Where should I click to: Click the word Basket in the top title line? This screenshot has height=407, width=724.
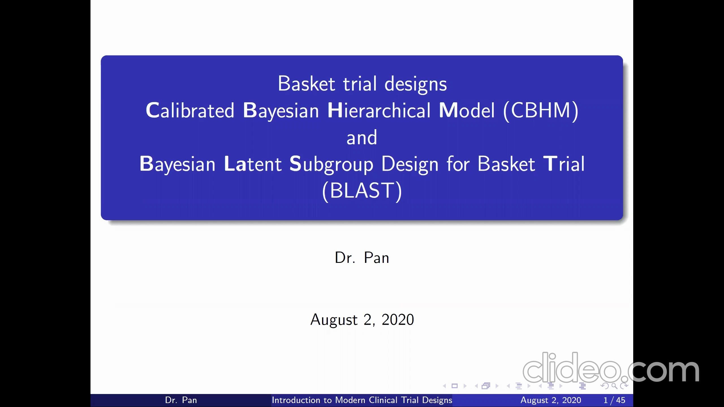(307, 84)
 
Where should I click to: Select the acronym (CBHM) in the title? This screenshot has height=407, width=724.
(541, 111)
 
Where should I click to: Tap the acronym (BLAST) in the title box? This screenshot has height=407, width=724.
(362, 191)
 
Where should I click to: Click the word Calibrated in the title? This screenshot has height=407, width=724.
(190, 110)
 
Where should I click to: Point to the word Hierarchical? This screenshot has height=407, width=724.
(379, 110)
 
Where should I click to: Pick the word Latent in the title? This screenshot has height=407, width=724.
(253, 164)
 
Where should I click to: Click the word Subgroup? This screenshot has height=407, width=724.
(331, 164)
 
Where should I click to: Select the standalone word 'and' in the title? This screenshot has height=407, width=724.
(362, 137)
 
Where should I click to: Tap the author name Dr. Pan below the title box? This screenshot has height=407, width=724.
(362, 258)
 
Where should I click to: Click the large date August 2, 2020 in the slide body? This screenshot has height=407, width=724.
(362, 320)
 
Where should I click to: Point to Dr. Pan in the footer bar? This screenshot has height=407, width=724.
(181, 400)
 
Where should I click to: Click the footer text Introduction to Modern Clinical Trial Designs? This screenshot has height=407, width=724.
(362, 400)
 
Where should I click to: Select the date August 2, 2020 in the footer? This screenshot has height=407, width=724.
(551, 400)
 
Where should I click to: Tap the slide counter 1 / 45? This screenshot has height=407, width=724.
(614, 400)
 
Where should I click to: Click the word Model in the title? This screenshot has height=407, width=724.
(467, 110)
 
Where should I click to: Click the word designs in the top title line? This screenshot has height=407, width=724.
(416, 84)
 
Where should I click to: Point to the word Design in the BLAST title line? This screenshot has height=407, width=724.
(410, 164)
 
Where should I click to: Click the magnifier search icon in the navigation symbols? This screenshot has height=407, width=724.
(614, 386)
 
